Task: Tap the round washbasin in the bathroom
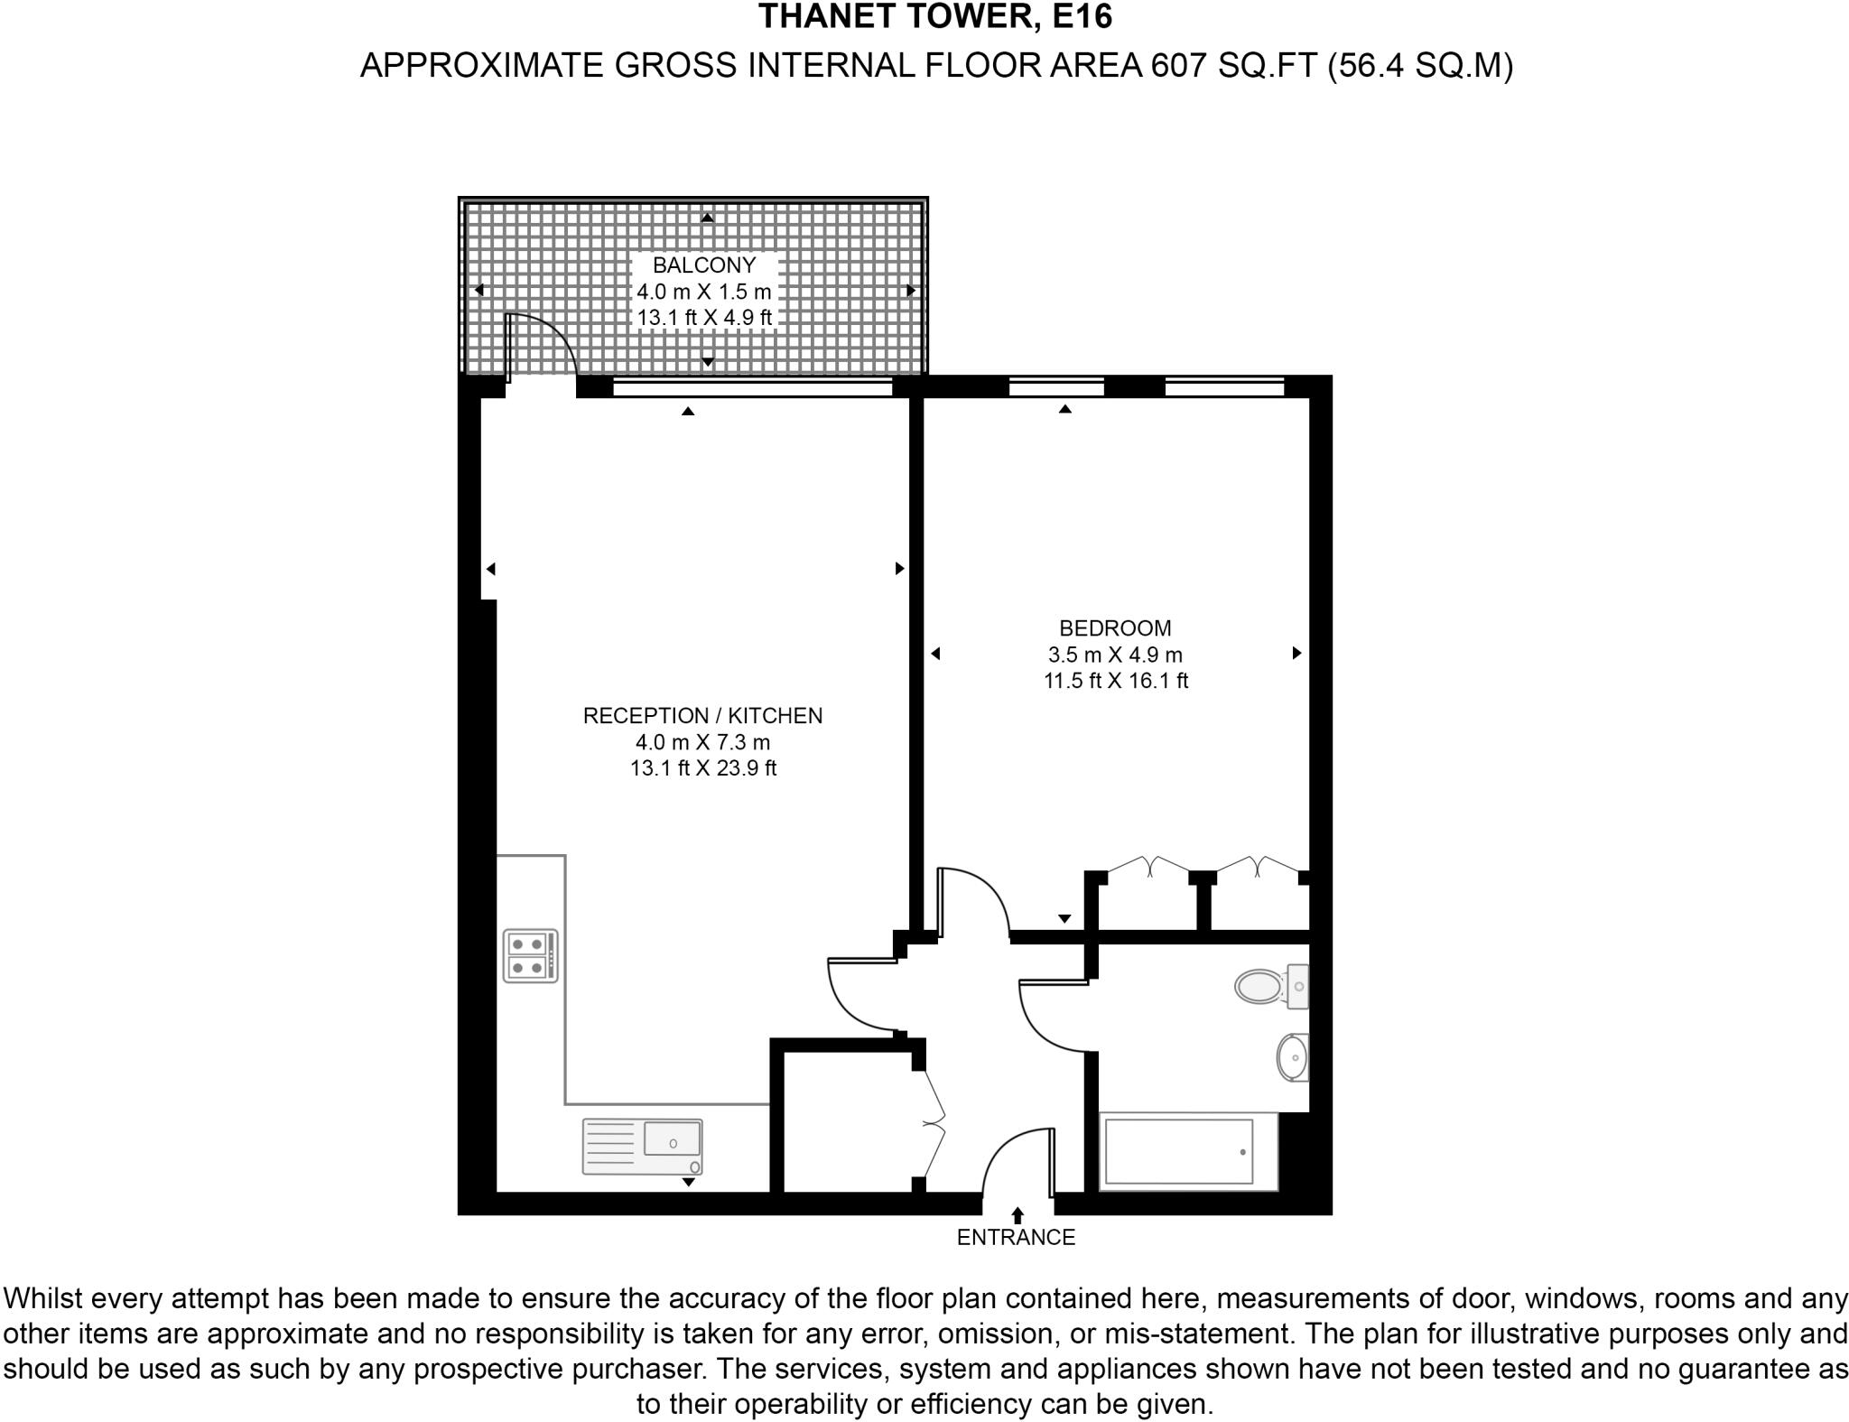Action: tap(1293, 1057)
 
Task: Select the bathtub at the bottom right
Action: tap(1178, 1151)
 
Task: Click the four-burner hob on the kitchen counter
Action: tap(530, 956)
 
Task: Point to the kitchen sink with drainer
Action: tap(642, 1147)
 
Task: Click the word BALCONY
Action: tap(703, 265)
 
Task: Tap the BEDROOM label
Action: tap(1115, 628)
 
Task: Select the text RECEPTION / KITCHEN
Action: tap(702, 716)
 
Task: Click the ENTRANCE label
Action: tap(1016, 1238)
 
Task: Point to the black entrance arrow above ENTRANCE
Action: tap(1017, 1215)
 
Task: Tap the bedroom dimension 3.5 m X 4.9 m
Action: tap(1115, 655)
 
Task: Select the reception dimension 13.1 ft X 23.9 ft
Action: tap(702, 768)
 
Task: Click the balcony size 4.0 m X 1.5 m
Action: tap(703, 292)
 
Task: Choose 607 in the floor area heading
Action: tap(1178, 66)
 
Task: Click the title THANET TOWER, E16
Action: tap(935, 16)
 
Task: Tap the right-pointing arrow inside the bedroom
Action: tap(1296, 653)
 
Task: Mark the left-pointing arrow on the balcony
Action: tap(479, 290)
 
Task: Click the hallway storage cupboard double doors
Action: tap(934, 1124)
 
